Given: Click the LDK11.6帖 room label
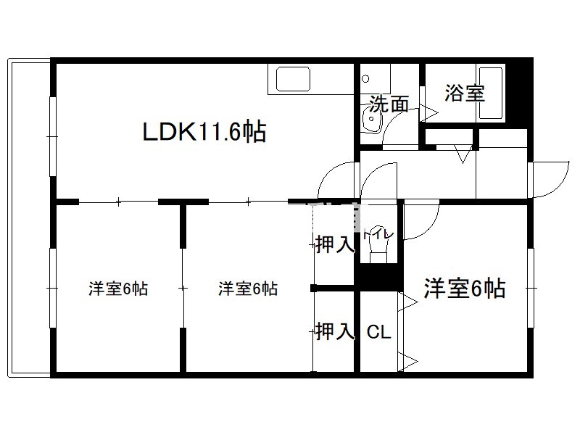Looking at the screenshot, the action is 204,132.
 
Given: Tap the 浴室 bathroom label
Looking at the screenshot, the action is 465,93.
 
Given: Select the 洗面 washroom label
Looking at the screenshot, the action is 389,104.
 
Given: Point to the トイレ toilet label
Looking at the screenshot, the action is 378,233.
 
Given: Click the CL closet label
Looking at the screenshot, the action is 378,332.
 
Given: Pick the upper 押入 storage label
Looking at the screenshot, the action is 335,244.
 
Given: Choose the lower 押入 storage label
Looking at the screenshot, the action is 335,331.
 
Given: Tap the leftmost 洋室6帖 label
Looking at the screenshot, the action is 118,289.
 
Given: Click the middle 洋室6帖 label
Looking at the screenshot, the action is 248,289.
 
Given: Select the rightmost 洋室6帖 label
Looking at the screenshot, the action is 465,288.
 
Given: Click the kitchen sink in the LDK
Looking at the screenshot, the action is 293,79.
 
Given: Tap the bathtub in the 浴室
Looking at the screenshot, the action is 491,93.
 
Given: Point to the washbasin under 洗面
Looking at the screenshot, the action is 371,120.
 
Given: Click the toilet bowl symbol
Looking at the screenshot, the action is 378,249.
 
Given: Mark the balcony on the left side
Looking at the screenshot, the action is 30,217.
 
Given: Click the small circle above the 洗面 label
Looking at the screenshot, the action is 366,79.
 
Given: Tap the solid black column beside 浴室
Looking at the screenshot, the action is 519,94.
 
